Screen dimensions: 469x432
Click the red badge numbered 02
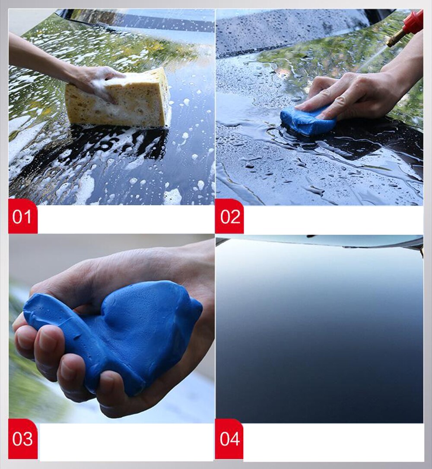pos(229,216)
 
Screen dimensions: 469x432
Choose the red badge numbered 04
pos(229,439)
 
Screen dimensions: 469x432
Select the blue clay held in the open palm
pos(121,329)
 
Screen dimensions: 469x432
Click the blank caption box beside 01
pos(125,220)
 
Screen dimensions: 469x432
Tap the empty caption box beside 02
pos(333,220)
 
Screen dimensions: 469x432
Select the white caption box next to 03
pos(125,442)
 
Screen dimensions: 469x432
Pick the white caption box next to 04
pos(333,442)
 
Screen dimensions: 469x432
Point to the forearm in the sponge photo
pos(35,56)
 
